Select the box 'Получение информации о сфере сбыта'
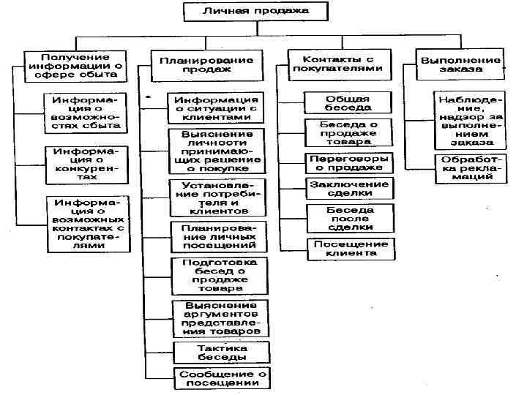(x=75, y=64)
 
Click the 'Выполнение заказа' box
(x=461, y=63)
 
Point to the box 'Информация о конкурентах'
(x=86, y=164)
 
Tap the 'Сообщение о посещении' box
(x=221, y=377)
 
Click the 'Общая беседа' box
(x=348, y=103)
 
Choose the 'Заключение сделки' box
(x=349, y=188)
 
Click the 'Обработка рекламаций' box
(x=469, y=168)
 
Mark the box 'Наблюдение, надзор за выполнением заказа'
(x=469, y=120)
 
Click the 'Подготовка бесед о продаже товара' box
(x=218, y=275)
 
